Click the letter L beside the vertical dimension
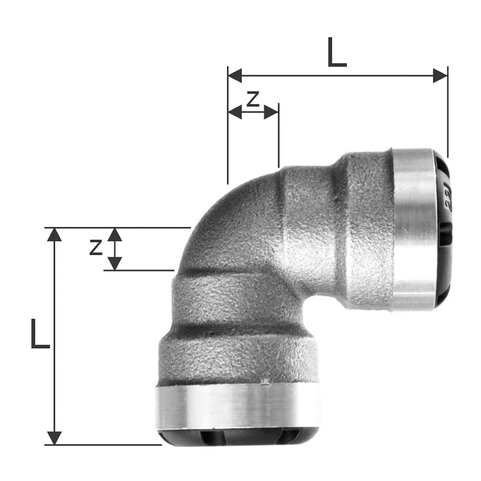[x=39, y=334]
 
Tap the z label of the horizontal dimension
[x=253, y=99]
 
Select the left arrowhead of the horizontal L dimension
[x=235, y=76]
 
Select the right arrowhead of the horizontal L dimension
[x=440, y=76]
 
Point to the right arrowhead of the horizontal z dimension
[x=271, y=112]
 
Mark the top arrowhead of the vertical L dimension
[x=54, y=234]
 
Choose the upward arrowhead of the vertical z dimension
[x=114, y=234]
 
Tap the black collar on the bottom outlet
[x=238, y=437]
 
